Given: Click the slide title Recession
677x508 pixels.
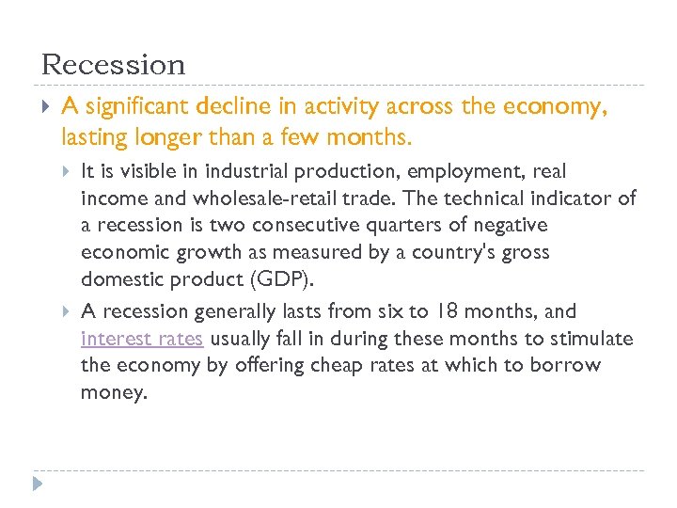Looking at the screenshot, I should [x=114, y=65].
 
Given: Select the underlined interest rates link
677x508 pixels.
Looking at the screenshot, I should [x=142, y=339].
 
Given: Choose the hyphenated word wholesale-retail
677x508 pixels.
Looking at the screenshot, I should [x=264, y=198].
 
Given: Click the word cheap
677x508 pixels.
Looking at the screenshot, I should [x=348, y=365].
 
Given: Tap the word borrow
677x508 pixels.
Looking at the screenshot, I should [x=566, y=365].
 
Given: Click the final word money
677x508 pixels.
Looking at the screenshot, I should [x=114, y=393].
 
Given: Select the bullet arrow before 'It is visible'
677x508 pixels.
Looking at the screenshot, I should [x=66, y=171].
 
